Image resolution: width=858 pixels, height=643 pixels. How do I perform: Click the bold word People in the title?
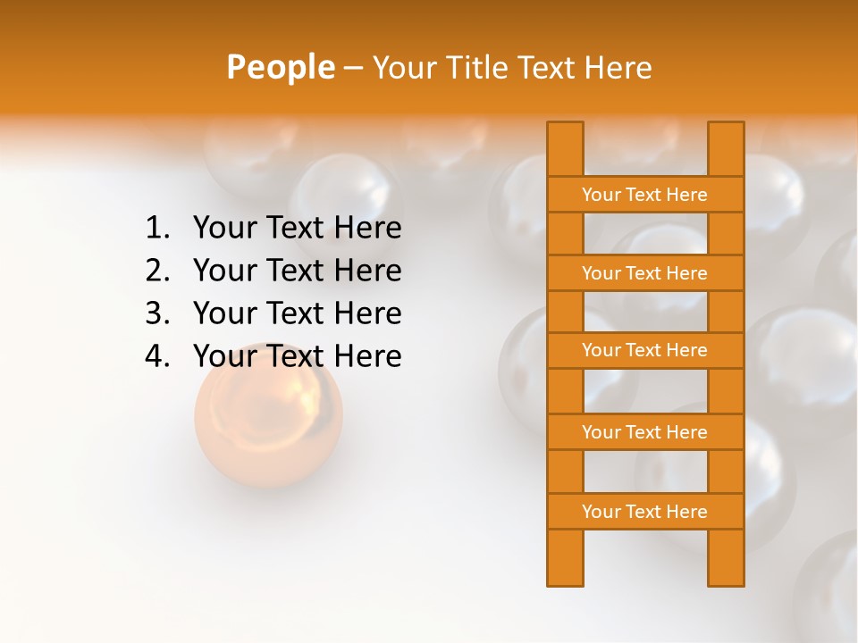coord(280,67)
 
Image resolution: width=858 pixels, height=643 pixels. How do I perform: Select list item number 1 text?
coord(297,228)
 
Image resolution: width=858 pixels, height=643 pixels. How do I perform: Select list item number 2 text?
coord(297,270)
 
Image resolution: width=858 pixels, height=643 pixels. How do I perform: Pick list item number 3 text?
coord(297,313)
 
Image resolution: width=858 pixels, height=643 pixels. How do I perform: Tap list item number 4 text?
coord(297,356)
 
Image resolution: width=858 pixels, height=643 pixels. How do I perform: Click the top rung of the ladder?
coord(644,195)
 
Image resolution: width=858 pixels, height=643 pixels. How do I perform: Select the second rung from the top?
coord(644,273)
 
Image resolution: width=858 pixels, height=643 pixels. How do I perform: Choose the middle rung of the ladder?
coord(644,350)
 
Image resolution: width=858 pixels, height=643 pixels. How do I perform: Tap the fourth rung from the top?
coord(644,432)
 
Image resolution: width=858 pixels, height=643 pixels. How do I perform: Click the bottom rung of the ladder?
coord(644,512)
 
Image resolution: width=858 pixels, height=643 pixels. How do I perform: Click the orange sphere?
coord(268,415)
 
